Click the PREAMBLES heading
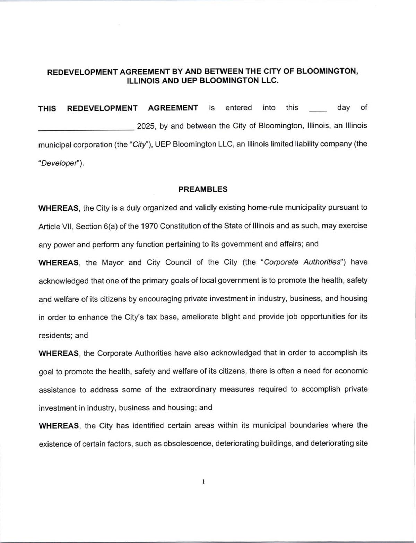tap(203, 189)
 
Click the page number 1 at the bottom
tap(203, 481)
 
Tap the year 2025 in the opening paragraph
tap(146, 126)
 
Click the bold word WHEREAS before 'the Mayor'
tap(59, 262)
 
